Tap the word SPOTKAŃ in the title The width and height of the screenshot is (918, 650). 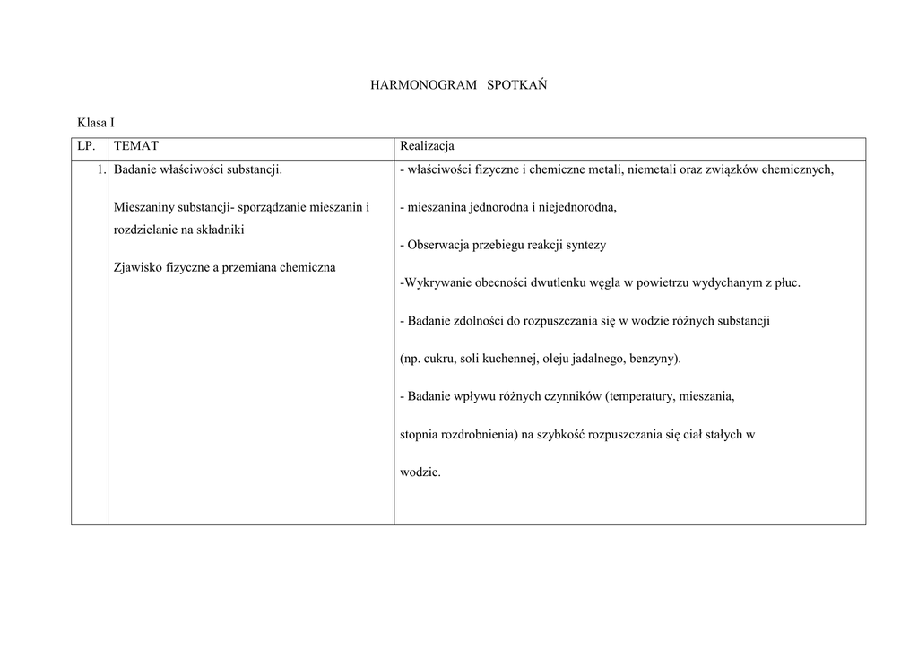(x=517, y=85)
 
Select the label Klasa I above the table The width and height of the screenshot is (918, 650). (x=96, y=123)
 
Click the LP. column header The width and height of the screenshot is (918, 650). (x=87, y=146)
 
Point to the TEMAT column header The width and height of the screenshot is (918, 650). (x=136, y=146)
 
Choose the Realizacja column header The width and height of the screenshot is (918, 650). (x=428, y=146)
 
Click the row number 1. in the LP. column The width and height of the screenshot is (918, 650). (x=101, y=169)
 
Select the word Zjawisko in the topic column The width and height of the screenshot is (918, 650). (x=139, y=267)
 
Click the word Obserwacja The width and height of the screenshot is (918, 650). (x=440, y=245)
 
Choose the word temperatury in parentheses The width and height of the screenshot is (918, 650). (x=642, y=396)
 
